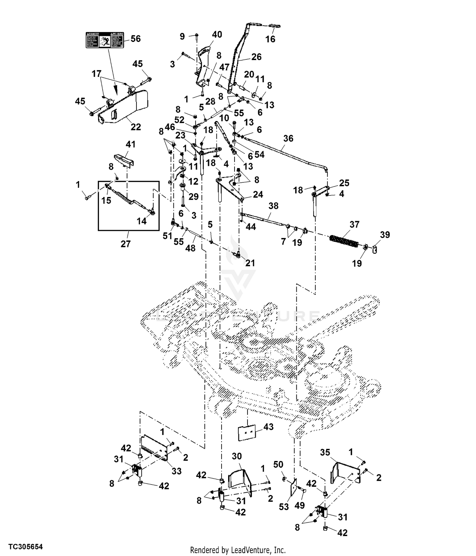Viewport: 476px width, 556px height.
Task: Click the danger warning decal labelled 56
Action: [105, 40]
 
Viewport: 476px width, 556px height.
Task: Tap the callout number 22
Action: [136, 127]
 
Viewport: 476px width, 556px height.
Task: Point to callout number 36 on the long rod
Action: [288, 139]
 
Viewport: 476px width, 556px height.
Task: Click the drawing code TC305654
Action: [25, 546]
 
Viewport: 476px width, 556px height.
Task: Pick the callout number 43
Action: [268, 427]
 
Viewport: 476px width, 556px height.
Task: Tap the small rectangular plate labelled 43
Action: [247, 433]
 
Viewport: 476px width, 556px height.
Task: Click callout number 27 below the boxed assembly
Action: [126, 244]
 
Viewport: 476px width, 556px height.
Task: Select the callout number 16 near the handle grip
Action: [270, 39]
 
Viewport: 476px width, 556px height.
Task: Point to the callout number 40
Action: [217, 34]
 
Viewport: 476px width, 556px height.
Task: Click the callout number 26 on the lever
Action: [256, 57]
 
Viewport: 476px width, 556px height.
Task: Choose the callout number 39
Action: [385, 234]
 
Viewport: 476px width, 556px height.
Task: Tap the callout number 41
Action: [131, 144]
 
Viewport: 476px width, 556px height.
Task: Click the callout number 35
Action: [325, 452]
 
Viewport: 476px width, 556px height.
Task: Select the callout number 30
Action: [237, 456]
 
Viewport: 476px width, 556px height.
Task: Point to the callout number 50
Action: [278, 464]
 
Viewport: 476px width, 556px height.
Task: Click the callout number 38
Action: [273, 206]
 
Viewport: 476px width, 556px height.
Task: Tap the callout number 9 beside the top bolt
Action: [182, 36]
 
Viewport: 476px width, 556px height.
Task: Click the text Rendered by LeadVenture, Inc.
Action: [238, 550]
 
